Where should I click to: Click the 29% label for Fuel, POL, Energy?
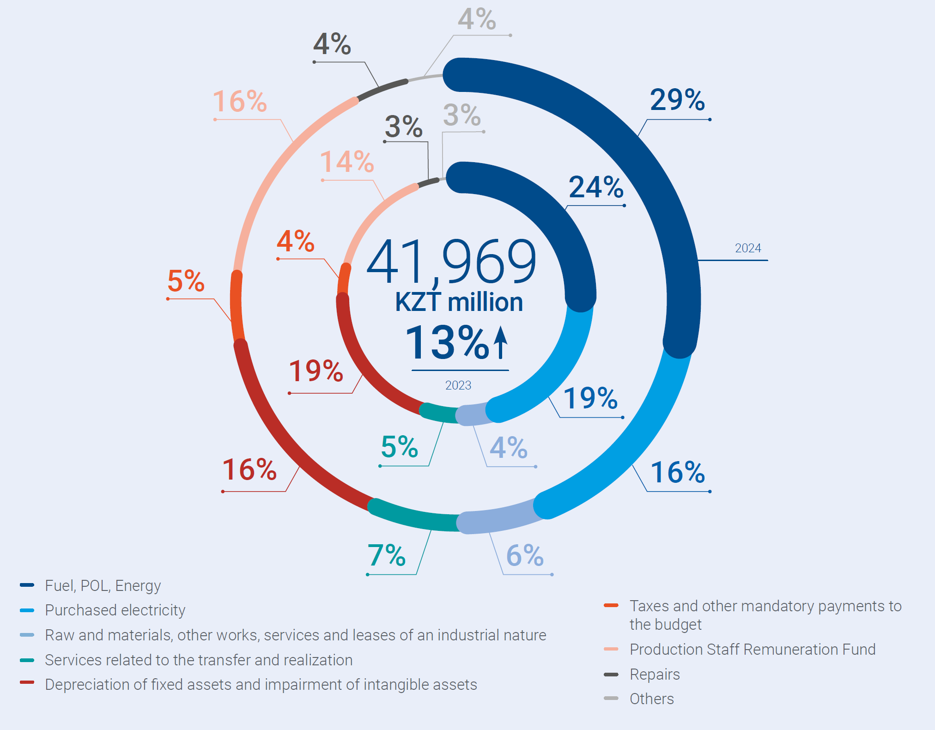(x=677, y=100)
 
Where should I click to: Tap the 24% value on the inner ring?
(x=596, y=187)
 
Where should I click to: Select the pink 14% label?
(x=347, y=162)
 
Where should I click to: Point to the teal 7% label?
(x=386, y=555)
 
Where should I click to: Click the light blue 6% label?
(x=525, y=555)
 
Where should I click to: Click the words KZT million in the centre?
(x=459, y=302)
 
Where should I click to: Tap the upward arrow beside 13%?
(x=500, y=342)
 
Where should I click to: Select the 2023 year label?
(x=458, y=385)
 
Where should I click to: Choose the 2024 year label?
(x=747, y=248)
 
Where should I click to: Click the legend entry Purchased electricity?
(x=115, y=610)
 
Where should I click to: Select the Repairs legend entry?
(x=655, y=675)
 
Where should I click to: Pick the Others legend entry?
(x=651, y=699)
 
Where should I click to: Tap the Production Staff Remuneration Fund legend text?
(x=753, y=650)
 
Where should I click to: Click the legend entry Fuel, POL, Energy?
(x=103, y=586)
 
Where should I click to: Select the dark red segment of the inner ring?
(x=365, y=360)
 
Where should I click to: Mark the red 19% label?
(x=316, y=371)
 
